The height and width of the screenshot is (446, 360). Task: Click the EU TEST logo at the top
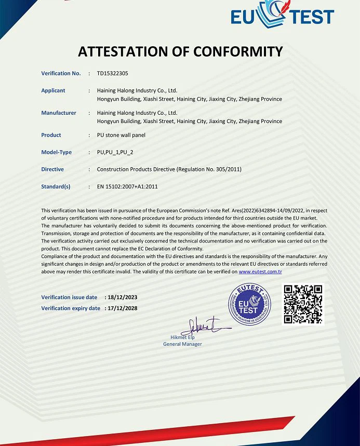282,15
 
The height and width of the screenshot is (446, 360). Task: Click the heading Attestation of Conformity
180,51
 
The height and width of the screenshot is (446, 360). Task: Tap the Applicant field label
53,91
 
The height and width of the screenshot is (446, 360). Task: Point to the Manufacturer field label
59,113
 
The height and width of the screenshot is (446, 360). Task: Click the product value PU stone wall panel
121,136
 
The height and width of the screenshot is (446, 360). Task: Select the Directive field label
52,170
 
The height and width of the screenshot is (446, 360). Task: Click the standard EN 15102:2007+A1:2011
127,186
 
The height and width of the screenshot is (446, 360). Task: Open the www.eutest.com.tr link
260,272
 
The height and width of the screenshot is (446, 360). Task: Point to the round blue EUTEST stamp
250,305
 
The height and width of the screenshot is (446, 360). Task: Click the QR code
303,304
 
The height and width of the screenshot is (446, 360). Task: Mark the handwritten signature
202,327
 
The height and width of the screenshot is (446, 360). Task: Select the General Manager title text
182,344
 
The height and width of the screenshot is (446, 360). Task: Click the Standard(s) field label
56,186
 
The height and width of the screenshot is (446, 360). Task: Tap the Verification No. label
61,74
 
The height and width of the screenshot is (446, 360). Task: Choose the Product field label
51,136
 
